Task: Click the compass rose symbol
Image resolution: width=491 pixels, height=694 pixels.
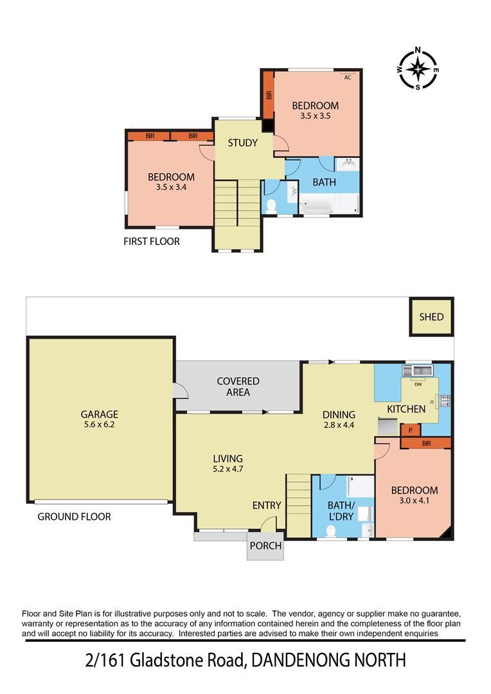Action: [x=418, y=68]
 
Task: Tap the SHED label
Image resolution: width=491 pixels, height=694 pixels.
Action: [x=431, y=317]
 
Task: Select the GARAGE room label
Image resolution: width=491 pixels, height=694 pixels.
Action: [x=99, y=414]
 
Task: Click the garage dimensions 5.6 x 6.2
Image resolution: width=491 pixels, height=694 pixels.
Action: [x=99, y=425]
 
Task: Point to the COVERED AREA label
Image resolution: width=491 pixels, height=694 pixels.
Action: [x=238, y=386]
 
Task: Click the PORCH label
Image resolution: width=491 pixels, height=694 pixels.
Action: [x=265, y=546]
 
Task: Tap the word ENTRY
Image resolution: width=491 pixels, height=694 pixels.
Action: [x=267, y=506]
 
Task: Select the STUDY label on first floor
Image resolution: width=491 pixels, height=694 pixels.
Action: [x=242, y=143]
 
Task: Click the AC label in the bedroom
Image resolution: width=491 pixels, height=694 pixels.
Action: [x=347, y=77]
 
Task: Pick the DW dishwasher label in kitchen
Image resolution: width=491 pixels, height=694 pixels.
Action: [x=418, y=385]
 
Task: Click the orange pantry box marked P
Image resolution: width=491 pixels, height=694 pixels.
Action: [x=409, y=430]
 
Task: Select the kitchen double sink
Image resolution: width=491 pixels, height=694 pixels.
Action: [x=418, y=371]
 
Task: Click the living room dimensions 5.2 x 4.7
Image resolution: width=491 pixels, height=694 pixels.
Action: [x=228, y=469]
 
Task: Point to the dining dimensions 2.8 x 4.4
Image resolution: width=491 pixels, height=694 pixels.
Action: [x=339, y=425]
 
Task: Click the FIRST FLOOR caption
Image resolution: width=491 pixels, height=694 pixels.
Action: [x=152, y=242]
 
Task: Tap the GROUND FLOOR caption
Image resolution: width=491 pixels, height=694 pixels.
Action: [x=74, y=516]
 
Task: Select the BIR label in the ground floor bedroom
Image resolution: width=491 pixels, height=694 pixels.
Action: [x=426, y=443]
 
